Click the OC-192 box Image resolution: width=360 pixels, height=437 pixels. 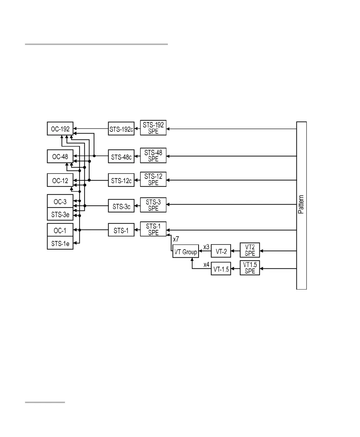pyautogui.click(x=60, y=129)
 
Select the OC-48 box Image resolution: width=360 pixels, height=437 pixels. pyautogui.click(x=60, y=156)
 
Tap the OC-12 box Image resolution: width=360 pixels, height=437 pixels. pyautogui.click(x=60, y=180)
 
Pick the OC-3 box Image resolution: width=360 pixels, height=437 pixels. pyautogui.click(x=60, y=201)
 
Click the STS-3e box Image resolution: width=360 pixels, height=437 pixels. pyautogui.click(x=60, y=214)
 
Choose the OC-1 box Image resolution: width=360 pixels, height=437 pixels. pyautogui.click(x=60, y=230)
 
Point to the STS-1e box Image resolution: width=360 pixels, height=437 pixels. pyautogui.click(x=60, y=243)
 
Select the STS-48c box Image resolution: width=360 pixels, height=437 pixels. pyautogui.click(x=121, y=156)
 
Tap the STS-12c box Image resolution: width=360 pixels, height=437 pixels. pyautogui.click(x=121, y=181)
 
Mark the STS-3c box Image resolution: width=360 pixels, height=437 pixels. pyautogui.click(x=121, y=206)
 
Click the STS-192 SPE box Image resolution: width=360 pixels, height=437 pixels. pyautogui.click(x=153, y=129)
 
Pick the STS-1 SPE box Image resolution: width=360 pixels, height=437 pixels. pyautogui.click(x=153, y=229)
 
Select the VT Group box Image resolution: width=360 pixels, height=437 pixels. pyautogui.click(x=186, y=252)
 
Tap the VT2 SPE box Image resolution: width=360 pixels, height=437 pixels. pyautogui.click(x=250, y=250)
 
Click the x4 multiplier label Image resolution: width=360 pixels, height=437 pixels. pyautogui.click(x=206, y=265)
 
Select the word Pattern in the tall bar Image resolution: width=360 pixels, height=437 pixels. pyautogui.click(x=301, y=204)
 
